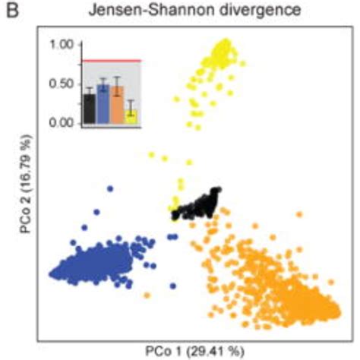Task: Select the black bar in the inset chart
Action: point(90,108)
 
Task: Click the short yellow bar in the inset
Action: point(131,115)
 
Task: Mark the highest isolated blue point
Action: point(111,188)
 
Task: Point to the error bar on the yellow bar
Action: point(131,109)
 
